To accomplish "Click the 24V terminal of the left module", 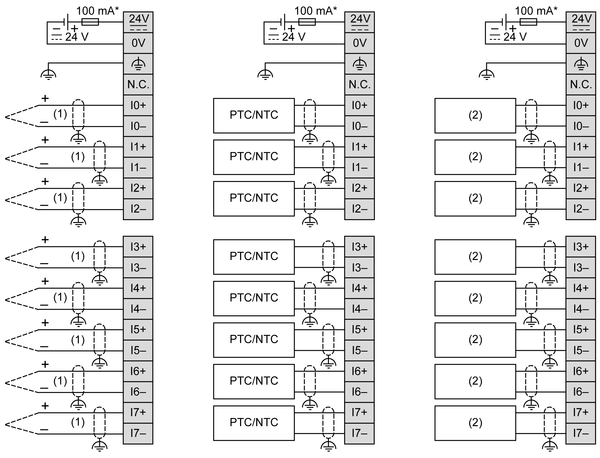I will pyautogui.click(x=138, y=22).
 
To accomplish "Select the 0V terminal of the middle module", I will pyautogui.click(x=359, y=43).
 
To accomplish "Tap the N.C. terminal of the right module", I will pyautogui.click(x=581, y=84).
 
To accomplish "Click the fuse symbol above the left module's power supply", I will pyautogui.click(x=90, y=22).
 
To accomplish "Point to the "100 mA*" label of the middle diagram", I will pyautogui.click(x=315, y=11).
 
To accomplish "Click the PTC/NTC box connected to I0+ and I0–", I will pyautogui.click(x=253, y=116).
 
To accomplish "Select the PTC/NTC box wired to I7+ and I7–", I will pyautogui.click(x=253, y=423).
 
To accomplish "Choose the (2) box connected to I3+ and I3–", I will pyautogui.click(x=475, y=257).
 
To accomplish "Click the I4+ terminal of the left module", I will pyautogui.click(x=138, y=288).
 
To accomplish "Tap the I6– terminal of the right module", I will pyautogui.click(x=581, y=392).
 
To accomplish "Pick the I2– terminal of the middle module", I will pyautogui.click(x=359, y=209).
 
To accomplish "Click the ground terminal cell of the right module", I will pyautogui.click(x=581, y=64).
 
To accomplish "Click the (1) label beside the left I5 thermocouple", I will pyautogui.click(x=78, y=340).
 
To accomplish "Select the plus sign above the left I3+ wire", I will pyautogui.click(x=45, y=240).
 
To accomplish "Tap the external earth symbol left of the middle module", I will pyautogui.click(x=265, y=74).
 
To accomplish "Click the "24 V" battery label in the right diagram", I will pyautogui.click(x=515, y=37).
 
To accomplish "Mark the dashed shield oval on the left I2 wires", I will pyautogui.click(x=78, y=198).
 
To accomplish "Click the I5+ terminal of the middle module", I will pyautogui.click(x=359, y=330).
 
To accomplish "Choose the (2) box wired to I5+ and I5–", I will pyautogui.click(x=475, y=340).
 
